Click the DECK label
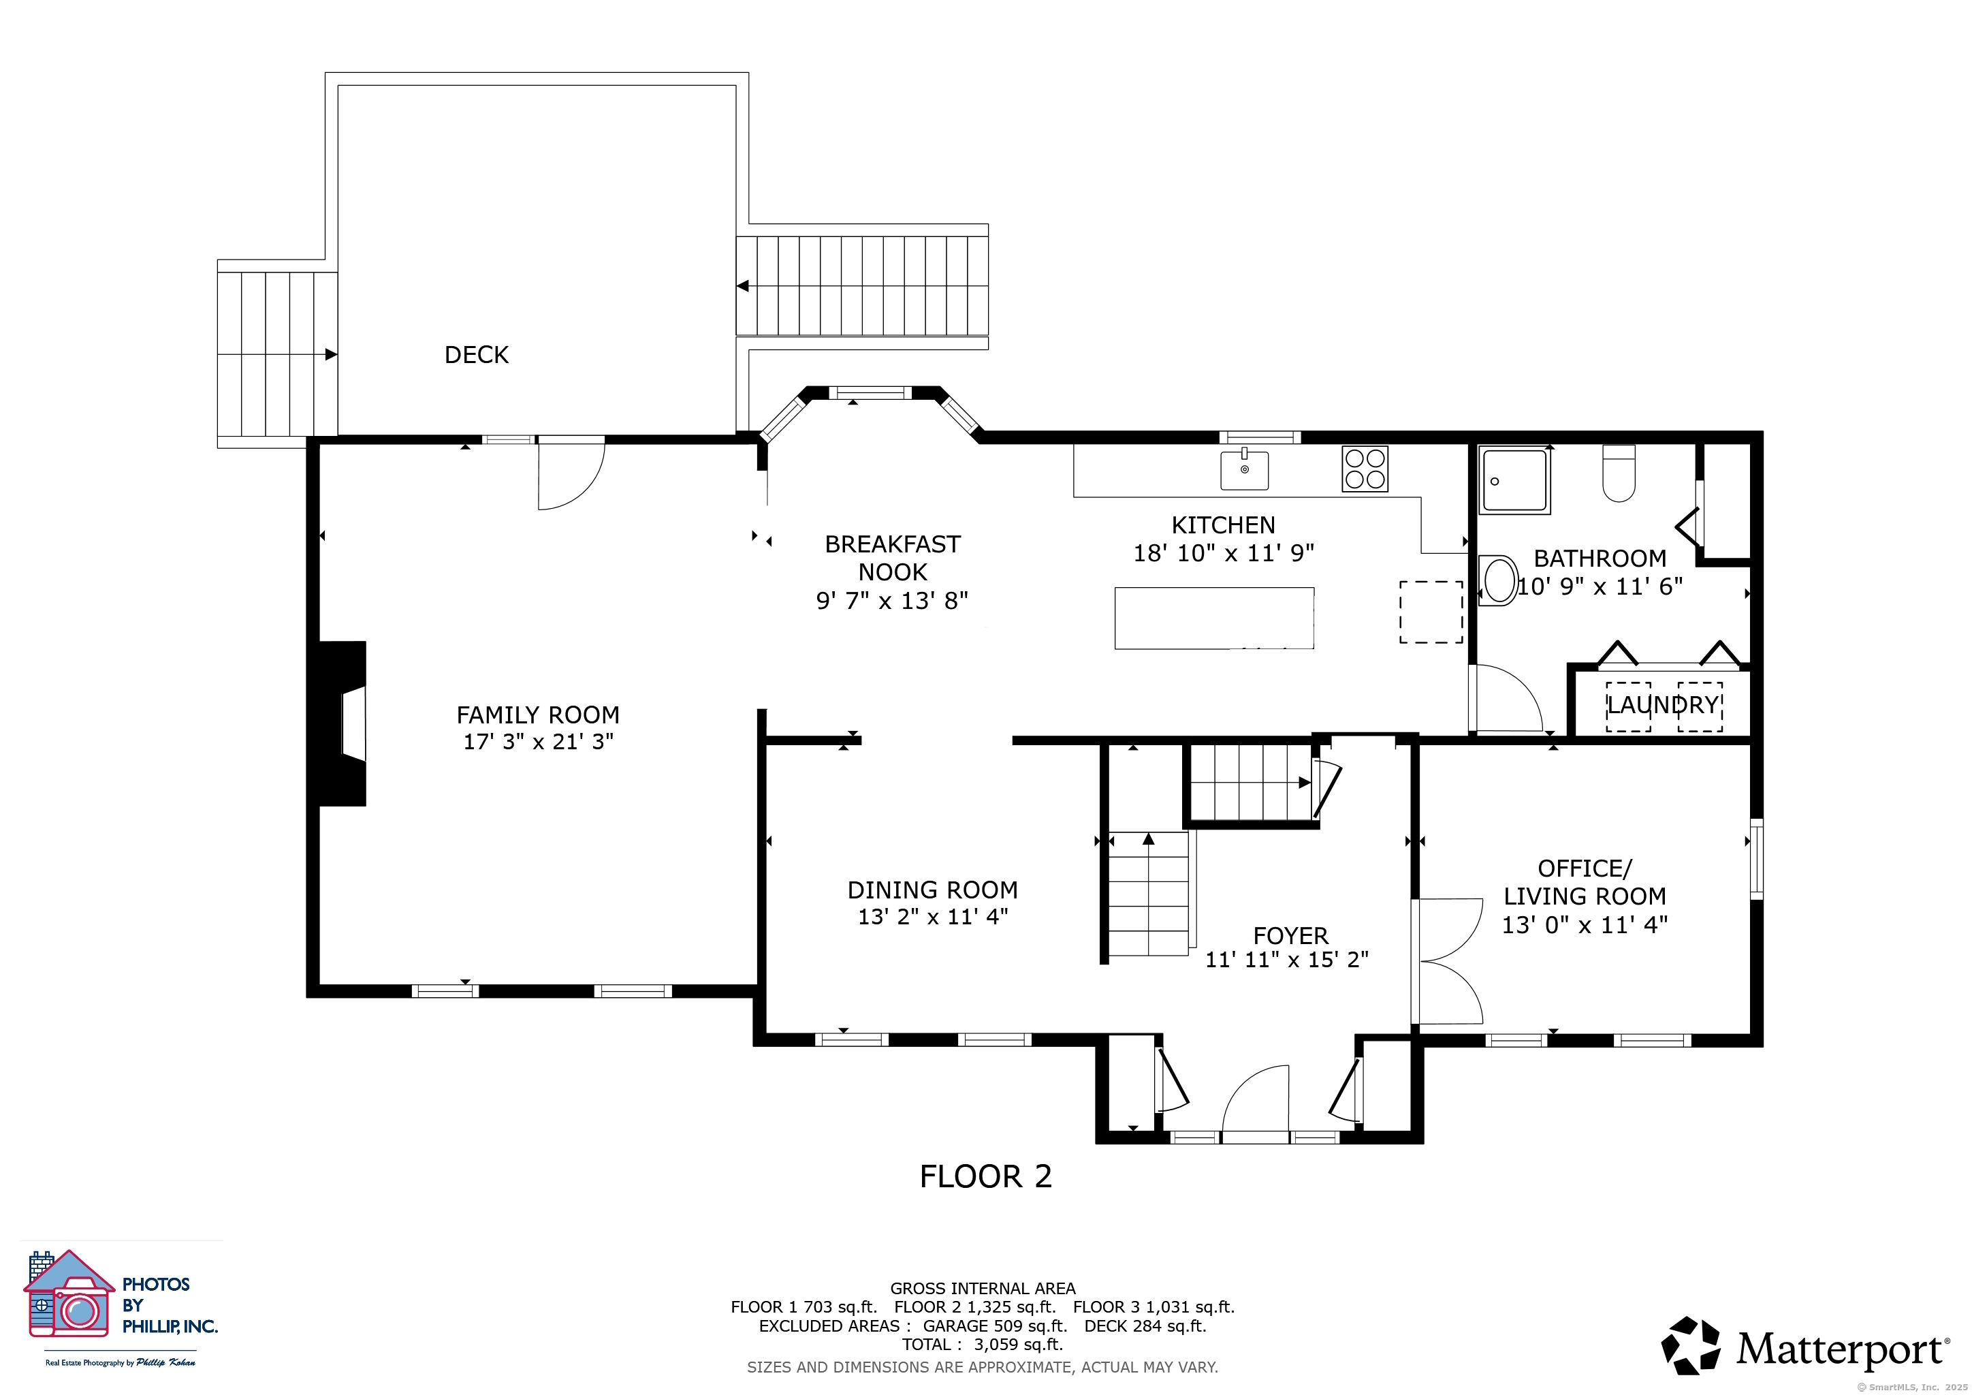(x=476, y=355)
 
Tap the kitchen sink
(x=1245, y=470)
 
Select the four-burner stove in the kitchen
(x=1365, y=469)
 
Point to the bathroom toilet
(x=1619, y=473)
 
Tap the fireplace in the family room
(x=343, y=723)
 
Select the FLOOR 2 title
(x=985, y=1176)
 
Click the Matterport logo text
(x=1841, y=1349)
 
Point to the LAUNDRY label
(x=1663, y=705)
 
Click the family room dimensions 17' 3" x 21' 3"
(x=539, y=741)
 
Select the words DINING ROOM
(x=933, y=890)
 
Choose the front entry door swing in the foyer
(x=1256, y=1103)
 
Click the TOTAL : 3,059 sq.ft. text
(x=983, y=1345)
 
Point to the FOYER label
(x=1290, y=935)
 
